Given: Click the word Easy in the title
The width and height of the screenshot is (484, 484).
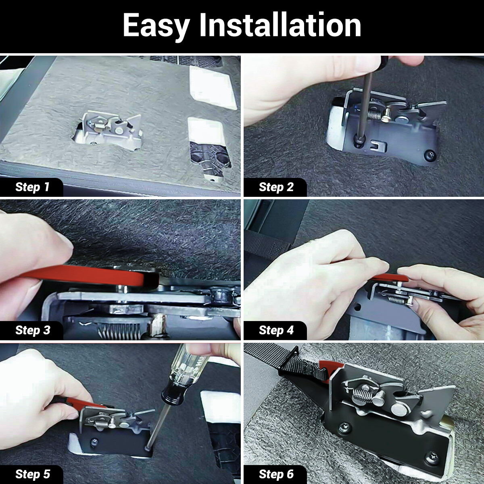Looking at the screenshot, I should coord(156,26).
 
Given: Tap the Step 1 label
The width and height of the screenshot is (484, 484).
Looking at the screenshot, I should coord(32,187).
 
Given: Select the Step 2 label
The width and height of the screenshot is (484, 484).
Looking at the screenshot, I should coord(276,187).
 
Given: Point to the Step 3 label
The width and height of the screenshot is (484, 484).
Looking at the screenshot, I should coord(33,330).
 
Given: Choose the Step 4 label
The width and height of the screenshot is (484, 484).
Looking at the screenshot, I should coord(276,330).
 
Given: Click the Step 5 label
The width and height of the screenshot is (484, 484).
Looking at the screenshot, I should coord(33,474).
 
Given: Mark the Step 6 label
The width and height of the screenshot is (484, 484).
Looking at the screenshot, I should coord(276,474).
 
